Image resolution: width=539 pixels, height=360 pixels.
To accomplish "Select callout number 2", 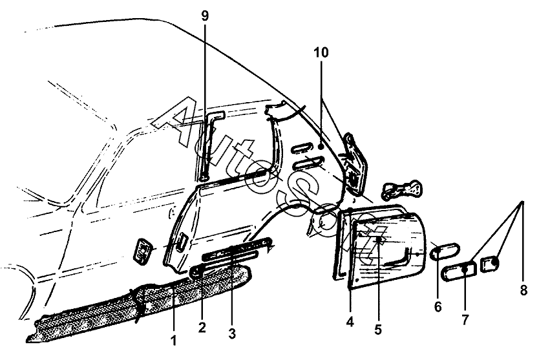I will (x=202, y=328).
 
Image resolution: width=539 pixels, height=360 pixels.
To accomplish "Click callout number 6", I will (x=438, y=307).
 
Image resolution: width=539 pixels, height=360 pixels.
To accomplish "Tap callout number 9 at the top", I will (x=205, y=17).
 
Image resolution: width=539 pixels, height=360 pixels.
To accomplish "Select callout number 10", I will (x=322, y=52).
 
